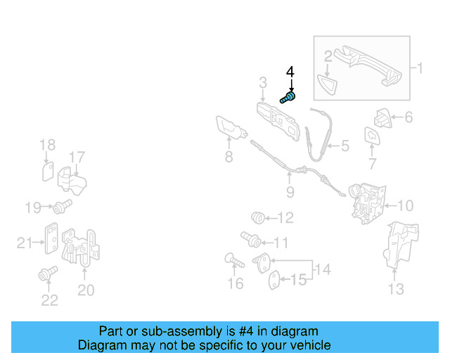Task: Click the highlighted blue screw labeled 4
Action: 288,98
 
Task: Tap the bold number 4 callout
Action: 290,72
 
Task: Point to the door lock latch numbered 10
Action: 367,204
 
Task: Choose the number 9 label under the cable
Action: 290,191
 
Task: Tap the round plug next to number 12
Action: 258,217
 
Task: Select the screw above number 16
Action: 233,262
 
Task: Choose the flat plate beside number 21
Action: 51,239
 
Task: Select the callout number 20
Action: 85,290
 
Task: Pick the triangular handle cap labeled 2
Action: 328,83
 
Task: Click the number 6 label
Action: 409,117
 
